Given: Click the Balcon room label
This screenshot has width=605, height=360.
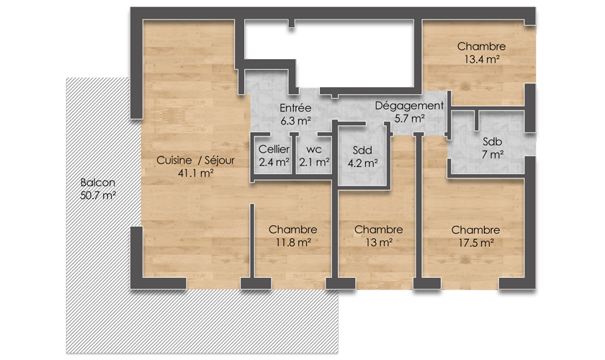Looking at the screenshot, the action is pos(98,182).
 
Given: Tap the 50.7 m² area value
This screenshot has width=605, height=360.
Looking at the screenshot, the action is pos(98,195).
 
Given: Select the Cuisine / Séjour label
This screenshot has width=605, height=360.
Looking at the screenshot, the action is pos(195,160).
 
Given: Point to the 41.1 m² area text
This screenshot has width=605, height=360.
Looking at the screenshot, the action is pos(196,174).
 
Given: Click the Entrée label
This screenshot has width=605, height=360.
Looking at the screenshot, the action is pos(295,108).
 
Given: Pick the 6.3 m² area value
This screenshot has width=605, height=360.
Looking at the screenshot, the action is pos(295,121).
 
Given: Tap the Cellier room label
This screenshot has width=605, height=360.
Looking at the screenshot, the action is pos(274,149).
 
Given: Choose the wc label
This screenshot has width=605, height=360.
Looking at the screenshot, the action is pos(314,150).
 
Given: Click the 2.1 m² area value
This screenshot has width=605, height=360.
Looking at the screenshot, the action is pos(315,163).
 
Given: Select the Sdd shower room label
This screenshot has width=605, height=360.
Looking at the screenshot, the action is pos(362,150).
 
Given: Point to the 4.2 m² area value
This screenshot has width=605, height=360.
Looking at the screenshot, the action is pos(363,163).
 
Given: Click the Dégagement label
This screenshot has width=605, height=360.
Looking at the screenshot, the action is pos(409,106).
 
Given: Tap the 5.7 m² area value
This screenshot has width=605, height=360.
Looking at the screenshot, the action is pos(409,119).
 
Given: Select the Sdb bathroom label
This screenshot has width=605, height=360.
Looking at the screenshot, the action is pos(493,142).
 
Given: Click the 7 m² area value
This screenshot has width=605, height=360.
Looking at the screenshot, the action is pos(493,155).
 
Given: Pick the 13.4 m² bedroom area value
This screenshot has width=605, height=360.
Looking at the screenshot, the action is pos(482,60).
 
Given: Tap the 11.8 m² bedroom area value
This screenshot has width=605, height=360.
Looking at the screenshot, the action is pos(293,243).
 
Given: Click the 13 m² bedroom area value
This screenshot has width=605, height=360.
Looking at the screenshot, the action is pos(379,243).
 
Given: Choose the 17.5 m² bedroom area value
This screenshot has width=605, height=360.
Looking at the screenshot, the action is pos(476,243).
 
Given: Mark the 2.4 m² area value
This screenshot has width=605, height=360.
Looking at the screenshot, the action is pos(274,163).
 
